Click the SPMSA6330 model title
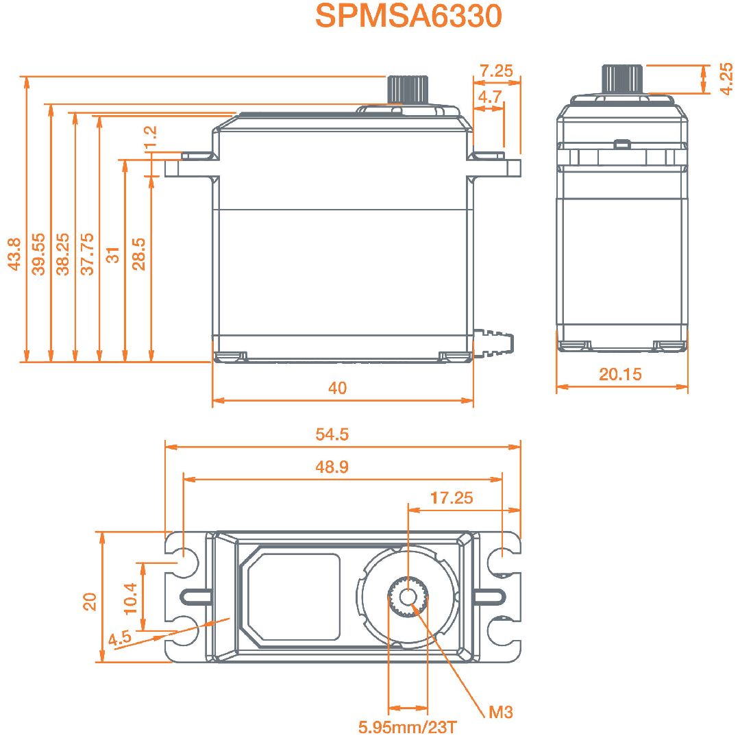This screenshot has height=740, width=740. click(x=408, y=16)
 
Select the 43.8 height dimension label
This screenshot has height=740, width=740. click(x=14, y=254)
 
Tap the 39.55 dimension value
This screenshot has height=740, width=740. click(x=38, y=254)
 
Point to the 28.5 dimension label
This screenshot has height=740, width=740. click(x=138, y=254)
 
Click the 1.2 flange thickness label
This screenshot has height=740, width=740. click(x=150, y=137)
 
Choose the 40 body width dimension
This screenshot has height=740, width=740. click(x=337, y=388)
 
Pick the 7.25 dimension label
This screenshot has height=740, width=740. click(x=496, y=71)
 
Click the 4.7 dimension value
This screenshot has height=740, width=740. click(x=489, y=97)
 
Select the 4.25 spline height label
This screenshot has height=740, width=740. click(x=727, y=79)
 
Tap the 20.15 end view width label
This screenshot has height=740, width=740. click(x=620, y=374)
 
